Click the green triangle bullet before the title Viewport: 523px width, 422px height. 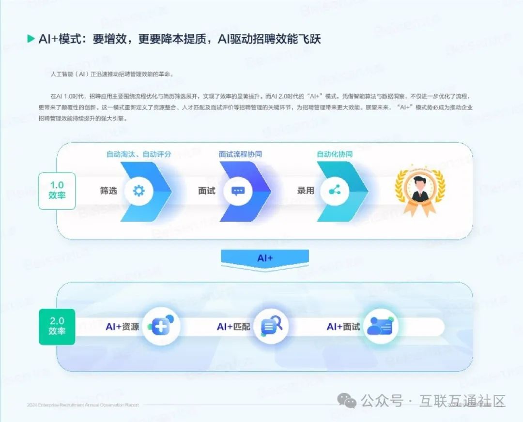(x=31, y=39)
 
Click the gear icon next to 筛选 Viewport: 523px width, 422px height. (x=139, y=191)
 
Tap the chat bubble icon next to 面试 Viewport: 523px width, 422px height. (x=238, y=191)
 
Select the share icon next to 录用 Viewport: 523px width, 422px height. (x=335, y=191)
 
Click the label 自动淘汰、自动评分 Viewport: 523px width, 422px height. (x=138, y=154)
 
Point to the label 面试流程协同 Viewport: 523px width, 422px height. (x=241, y=154)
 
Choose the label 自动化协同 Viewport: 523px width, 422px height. (x=335, y=154)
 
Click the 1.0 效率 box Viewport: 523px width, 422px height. (x=57, y=191)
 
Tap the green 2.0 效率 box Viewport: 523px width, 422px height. (x=57, y=326)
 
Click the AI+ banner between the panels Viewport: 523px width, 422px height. (x=265, y=258)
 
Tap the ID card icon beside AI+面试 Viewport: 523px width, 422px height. (x=380, y=327)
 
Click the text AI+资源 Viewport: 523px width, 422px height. (x=122, y=327)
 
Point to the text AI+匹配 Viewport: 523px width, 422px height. (x=233, y=327)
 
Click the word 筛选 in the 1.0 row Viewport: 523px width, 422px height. (x=109, y=191)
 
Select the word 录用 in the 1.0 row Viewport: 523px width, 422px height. (x=306, y=191)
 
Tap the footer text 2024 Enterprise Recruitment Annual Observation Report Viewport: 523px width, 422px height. (x=83, y=405)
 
